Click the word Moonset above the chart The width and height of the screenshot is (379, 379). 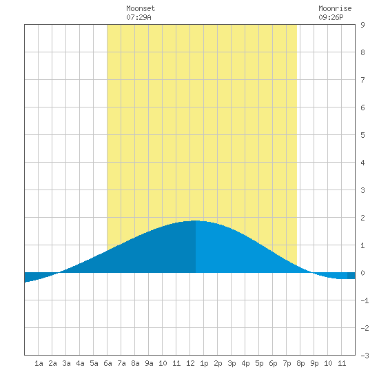tap(141, 8)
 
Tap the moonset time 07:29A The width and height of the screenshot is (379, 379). tap(139, 17)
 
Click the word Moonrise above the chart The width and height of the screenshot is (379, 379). tap(335, 8)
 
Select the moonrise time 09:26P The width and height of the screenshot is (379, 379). tap(331, 17)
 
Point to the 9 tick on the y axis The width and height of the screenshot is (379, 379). tap(362, 25)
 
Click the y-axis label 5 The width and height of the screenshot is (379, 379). tap(362, 135)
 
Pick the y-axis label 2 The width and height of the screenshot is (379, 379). tap(362, 218)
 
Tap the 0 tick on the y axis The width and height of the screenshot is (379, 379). tap(362, 273)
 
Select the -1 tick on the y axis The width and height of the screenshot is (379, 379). tap(365, 300)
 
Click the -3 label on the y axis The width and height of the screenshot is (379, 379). tap(365, 356)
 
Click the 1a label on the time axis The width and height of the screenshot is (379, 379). tap(39, 363)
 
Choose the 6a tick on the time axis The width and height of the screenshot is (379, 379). tap(107, 363)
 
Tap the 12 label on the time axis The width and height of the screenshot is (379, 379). tap(190, 363)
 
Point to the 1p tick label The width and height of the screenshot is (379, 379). tap(204, 363)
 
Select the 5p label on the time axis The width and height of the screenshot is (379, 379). tap(259, 363)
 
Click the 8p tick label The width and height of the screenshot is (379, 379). tap(300, 363)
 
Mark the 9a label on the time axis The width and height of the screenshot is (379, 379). tap(149, 363)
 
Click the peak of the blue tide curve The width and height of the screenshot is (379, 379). tap(195, 221)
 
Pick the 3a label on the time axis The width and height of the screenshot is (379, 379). tap(66, 363)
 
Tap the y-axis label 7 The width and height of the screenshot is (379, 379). tap(362, 80)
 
